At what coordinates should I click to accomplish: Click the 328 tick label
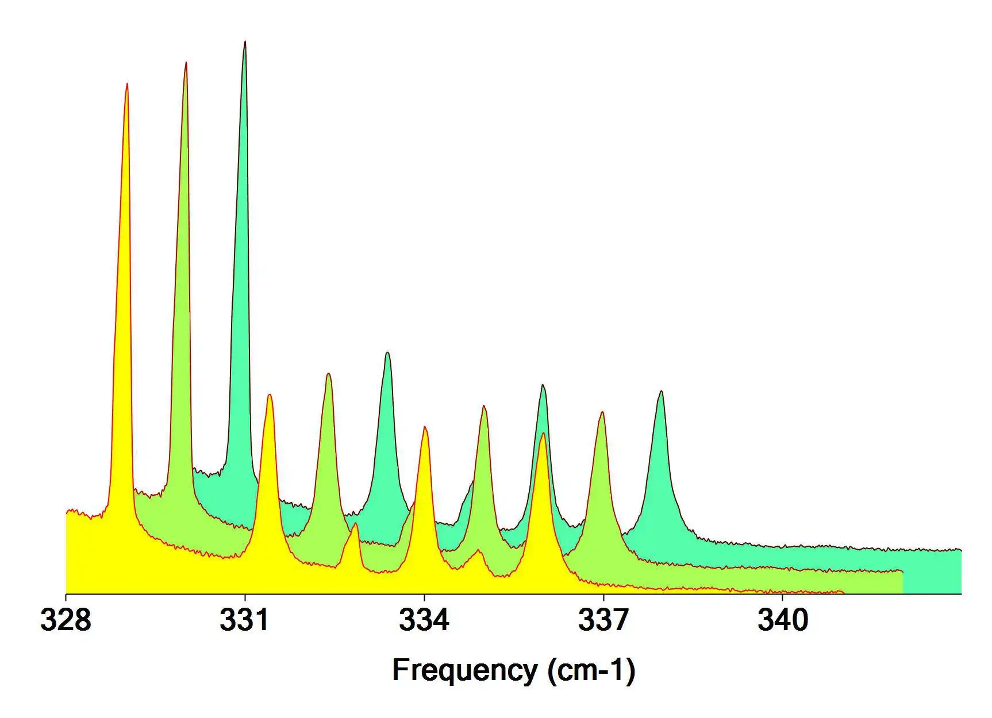point(66,621)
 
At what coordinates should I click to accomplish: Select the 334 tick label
point(424,621)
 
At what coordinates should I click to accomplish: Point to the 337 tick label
point(603,621)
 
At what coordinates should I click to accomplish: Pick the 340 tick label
point(783,621)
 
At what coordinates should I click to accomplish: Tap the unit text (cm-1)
point(591,671)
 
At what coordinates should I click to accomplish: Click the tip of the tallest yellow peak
point(126,84)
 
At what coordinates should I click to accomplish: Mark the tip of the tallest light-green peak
point(186,62)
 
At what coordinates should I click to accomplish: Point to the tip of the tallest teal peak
point(245,41)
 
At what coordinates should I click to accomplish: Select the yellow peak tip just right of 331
point(269,395)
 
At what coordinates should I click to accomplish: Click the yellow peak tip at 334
point(425,427)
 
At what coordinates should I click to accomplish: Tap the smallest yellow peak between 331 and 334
point(355,523)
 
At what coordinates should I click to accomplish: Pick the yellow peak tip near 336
point(543,434)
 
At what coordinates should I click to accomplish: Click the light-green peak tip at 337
point(602,412)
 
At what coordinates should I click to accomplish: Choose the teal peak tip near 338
point(662,391)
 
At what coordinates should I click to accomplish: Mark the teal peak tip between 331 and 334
point(387,352)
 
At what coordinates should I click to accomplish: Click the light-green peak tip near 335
point(484,406)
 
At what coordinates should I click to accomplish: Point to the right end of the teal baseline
point(960,550)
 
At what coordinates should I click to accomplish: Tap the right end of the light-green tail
point(902,572)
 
